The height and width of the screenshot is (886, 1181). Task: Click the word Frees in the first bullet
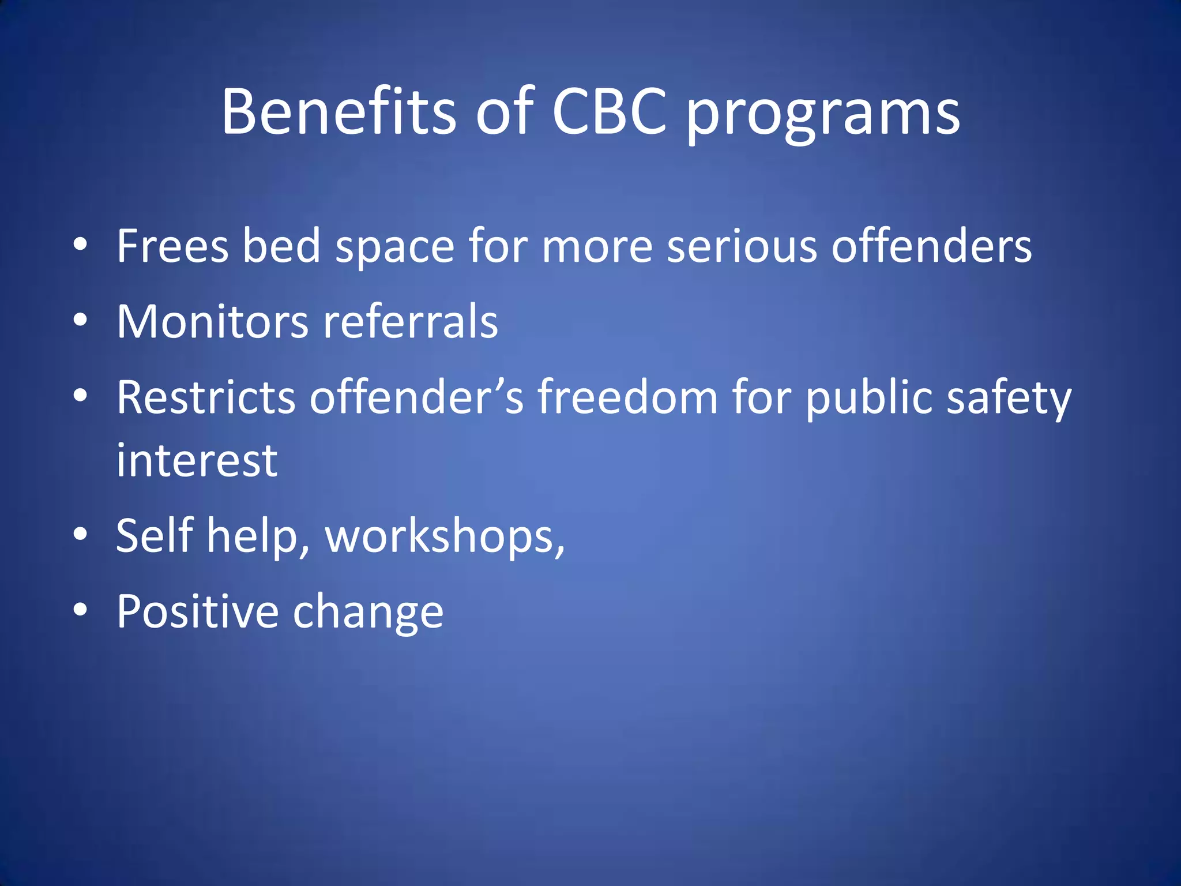pyautogui.click(x=172, y=246)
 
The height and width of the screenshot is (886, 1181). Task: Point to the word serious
pyautogui.click(x=742, y=246)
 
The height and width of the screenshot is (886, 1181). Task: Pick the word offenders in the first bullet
pyautogui.click(x=931, y=246)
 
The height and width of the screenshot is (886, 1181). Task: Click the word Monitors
pyautogui.click(x=212, y=321)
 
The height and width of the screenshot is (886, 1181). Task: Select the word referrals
pyautogui.click(x=411, y=321)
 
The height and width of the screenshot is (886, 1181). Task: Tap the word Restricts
pyautogui.click(x=206, y=397)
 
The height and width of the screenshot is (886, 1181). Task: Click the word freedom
pyautogui.click(x=628, y=397)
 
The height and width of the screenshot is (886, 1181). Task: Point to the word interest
pyautogui.click(x=197, y=461)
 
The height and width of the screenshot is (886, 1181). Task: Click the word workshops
pyautogui.click(x=445, y=537)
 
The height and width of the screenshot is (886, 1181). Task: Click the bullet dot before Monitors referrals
pyautogui.click(x=80, y=320)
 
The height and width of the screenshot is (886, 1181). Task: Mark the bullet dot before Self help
pyautogui.click(x=80, y=534)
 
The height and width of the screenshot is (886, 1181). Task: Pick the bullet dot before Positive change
pyautogui.click(x=80, y=609)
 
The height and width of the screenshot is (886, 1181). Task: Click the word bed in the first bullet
pyautogui.click(x=281, y=246)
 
